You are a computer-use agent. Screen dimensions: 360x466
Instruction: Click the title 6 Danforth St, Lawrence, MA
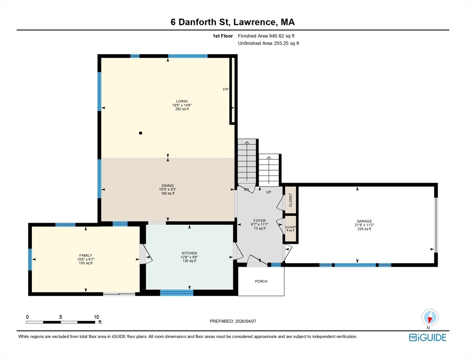tap(233, 22)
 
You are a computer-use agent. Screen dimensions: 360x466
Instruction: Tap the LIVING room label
tap(182, 101)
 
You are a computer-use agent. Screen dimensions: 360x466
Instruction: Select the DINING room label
tap(168, 186)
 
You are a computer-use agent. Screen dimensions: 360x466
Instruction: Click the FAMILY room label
tap(85, 255)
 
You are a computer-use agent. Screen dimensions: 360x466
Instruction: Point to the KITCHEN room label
tap(189, 253)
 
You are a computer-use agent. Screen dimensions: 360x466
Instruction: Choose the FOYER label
tap(260, 220)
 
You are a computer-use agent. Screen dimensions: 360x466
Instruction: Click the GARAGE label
tap(364, 221)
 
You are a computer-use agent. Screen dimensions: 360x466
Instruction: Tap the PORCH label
tap(261, 282)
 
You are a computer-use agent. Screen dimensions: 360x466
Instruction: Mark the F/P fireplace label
tap(225, 90)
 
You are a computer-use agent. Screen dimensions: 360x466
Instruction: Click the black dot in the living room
tap(140, 133)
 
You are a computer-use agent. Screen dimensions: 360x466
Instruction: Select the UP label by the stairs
tap(269, 192)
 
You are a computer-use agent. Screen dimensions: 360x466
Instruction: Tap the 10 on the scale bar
tap(97, 317)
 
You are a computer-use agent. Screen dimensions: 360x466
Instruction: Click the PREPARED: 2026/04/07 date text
tap(233, 321)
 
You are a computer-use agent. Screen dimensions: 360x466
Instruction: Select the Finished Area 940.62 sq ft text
tap(266, 36)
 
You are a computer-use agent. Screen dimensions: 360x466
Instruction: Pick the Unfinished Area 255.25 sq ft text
tap(268, 43)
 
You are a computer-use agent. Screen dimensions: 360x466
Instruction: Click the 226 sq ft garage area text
tap(364, 229)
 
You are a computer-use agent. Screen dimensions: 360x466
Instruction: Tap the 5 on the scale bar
tap(61, 317)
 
